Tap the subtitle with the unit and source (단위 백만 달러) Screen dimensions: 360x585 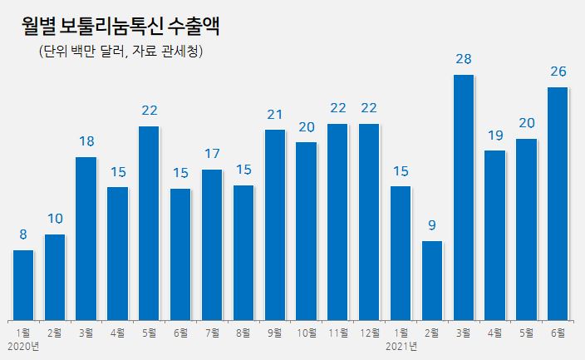[x=121, y=52]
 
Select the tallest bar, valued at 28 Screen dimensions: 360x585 [x=464, y=197]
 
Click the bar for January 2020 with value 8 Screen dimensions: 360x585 [x=23, y=284]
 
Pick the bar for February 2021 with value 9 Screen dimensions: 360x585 [x=432, y=280]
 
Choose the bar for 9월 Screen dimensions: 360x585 [x=275, y=224]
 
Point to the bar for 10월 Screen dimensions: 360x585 [x=307, y=230]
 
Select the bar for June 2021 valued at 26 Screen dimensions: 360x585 [x=558, y=203]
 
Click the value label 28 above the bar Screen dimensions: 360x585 [x=464, y=59]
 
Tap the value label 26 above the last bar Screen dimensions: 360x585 [x=558, y=72]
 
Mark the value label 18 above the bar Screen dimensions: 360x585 [x=86, y=141]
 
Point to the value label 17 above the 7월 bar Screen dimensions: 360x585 [x=212, y=154]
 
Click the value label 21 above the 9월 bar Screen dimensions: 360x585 [x=275, y=114]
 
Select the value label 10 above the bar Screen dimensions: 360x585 [x=55, y=219]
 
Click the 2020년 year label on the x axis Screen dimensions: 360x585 [x=22, y=345]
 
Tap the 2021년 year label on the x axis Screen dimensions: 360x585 [x=400, y=345]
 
